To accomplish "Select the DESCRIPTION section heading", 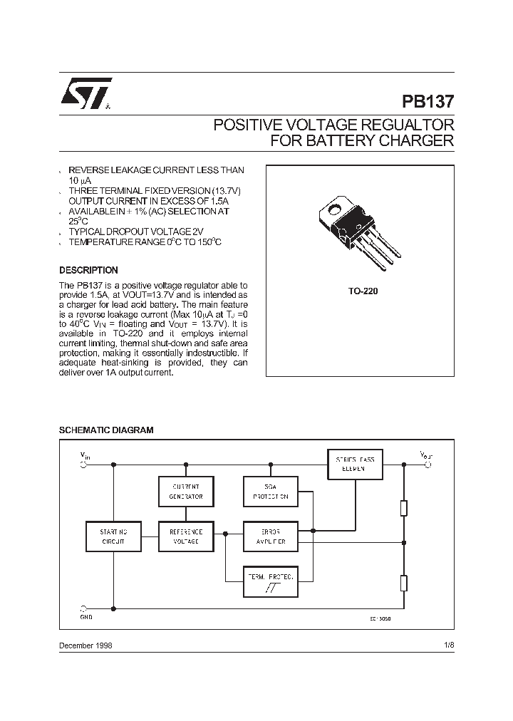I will (88, 271).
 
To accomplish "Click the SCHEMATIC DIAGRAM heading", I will (105, 430).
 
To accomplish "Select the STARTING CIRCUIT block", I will (113, 536).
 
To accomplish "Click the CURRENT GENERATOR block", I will (186, 491).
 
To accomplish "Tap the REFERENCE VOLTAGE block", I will (186, 536).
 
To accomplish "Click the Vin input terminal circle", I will (84, 465).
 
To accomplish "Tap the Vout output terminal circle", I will (428, 465).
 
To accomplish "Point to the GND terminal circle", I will (84, 610).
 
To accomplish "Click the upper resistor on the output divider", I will (404, 508).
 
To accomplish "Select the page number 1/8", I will (447, 645).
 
